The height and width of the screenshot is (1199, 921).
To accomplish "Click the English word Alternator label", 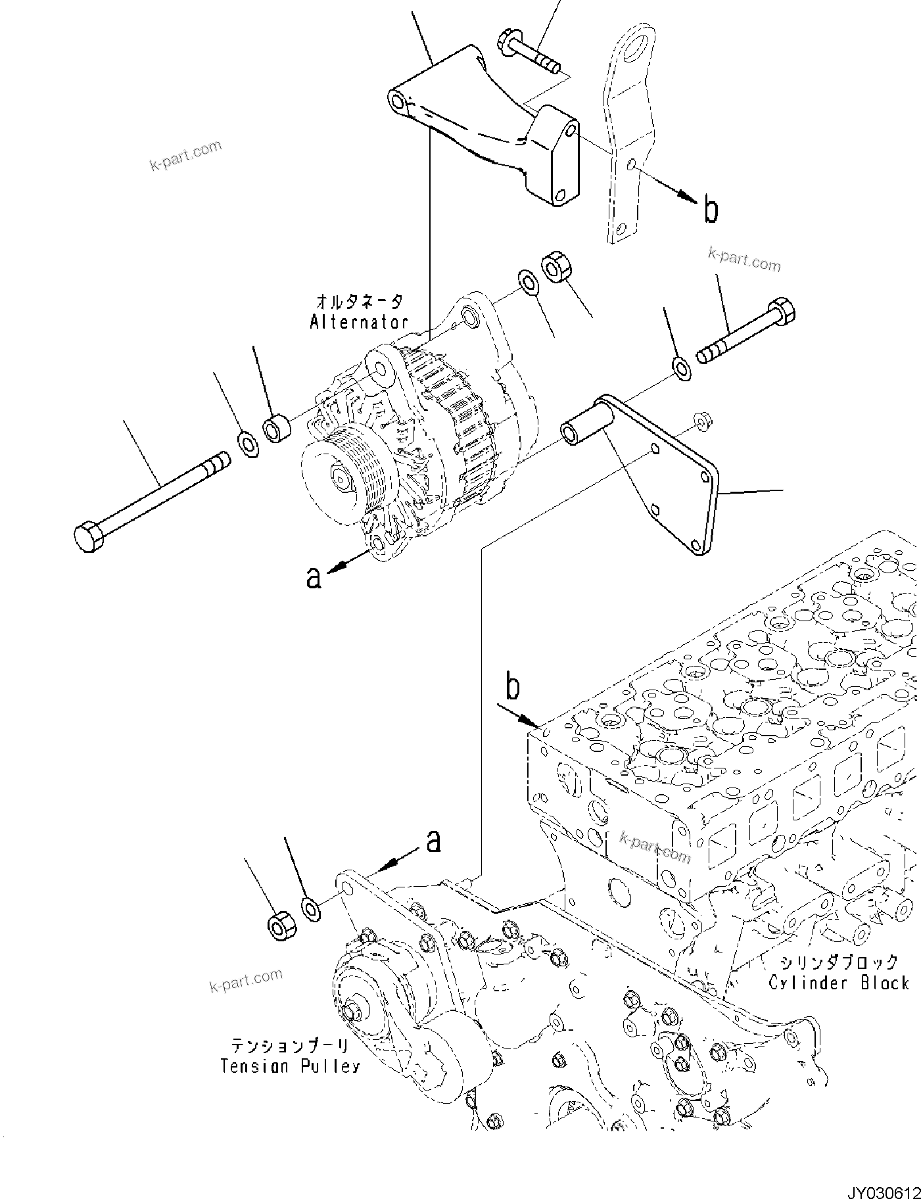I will [x=359, y=323].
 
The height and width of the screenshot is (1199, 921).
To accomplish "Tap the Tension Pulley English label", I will [x=290, y=1066].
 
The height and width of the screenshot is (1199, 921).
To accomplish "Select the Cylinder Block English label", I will [x=839, y=983].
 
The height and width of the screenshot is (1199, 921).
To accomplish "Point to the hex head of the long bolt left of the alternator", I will [x=87, y=537].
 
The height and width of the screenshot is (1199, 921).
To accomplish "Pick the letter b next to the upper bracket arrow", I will [x=711, y=211].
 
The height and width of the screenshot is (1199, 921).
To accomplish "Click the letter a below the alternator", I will [x=314, y=577].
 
